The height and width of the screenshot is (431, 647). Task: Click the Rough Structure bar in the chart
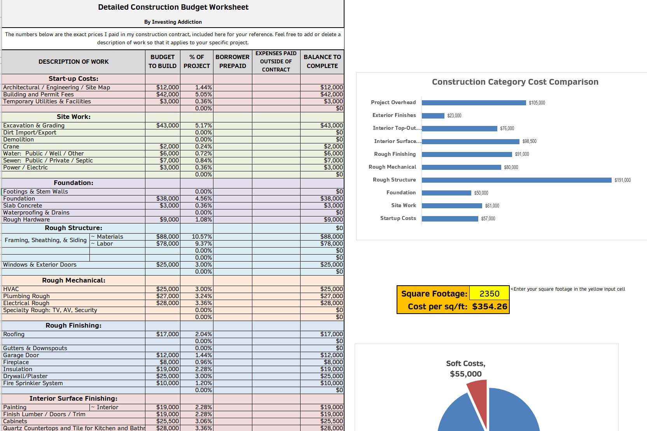(516, 180)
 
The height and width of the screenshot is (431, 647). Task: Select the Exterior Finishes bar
(433, 115)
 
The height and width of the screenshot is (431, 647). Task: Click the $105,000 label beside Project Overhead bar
(537, 103)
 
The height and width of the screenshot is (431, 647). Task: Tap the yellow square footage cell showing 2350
(489, 293)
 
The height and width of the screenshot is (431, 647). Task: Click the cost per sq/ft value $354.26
(490, 307)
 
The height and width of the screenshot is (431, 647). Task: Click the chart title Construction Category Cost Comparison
(515, 82)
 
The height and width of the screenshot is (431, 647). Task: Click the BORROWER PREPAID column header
(233, 61)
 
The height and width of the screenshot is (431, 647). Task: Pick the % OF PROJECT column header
(196, 61)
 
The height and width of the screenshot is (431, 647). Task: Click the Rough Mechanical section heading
(73, 280)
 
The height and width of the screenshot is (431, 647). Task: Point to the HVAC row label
(11, 289)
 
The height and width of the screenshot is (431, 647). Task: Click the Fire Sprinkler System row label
(33, 383)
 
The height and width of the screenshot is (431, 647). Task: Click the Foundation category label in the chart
(401, 192)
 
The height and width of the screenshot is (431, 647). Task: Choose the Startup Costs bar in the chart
(450, 218)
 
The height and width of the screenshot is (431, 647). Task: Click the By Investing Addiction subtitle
(173, 22)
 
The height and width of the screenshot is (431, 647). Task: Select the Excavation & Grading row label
(34, 126)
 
